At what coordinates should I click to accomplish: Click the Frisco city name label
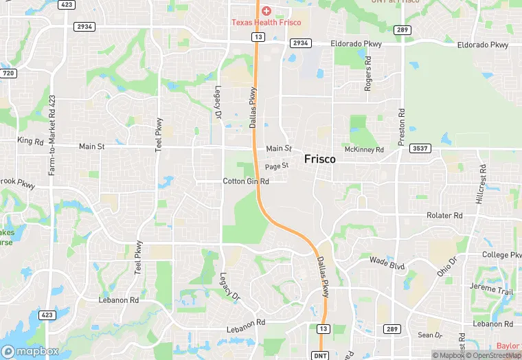pos(320,159)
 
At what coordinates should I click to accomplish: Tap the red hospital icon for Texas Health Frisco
pos(266,11)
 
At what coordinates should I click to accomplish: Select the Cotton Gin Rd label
pos(245,181)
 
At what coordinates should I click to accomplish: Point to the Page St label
pos(276,166)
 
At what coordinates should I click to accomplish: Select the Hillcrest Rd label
pos(480,183)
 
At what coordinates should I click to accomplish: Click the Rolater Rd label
pos(444,215)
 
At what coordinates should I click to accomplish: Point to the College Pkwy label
pos(501,255)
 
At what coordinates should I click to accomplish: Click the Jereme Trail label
pos(491,289)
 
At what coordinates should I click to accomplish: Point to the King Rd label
pos(30,141)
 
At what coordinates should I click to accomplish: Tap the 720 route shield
pos(8,73)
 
